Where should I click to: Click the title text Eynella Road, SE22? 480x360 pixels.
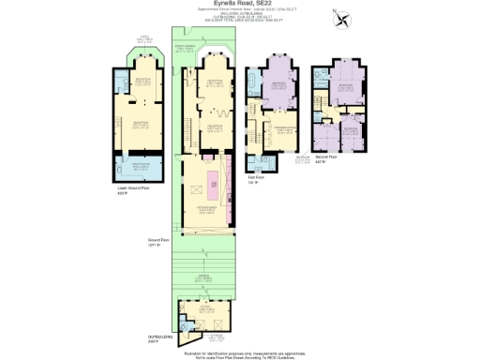(x=240, y=4)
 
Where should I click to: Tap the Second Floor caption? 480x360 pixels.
(x=352, y=160)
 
